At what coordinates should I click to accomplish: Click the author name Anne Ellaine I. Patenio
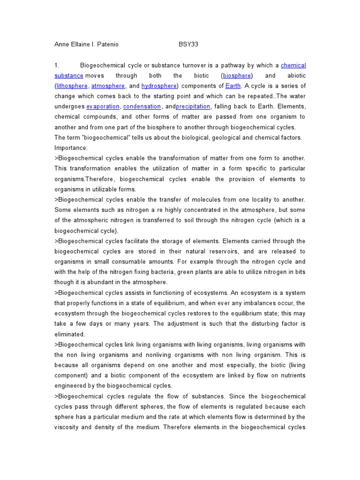point(86,45)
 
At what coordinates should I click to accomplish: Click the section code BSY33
point(189,45)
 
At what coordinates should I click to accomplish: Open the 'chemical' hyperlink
point(293,65)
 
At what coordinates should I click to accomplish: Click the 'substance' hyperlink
point(69,75)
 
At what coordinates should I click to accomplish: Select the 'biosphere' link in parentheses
point(237,75)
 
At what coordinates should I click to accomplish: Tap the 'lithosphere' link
point(72,86)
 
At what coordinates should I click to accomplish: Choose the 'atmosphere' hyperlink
point(108,86)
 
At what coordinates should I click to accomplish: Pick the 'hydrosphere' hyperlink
point(158,86)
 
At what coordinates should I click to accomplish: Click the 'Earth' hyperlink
point(233,86)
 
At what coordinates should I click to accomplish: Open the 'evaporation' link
point(103,106)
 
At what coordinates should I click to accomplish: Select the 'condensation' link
point(142,106)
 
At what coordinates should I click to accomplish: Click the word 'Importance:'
point(71,148)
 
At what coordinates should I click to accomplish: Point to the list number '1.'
point(57,65)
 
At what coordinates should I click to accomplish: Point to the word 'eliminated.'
point(70,334)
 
